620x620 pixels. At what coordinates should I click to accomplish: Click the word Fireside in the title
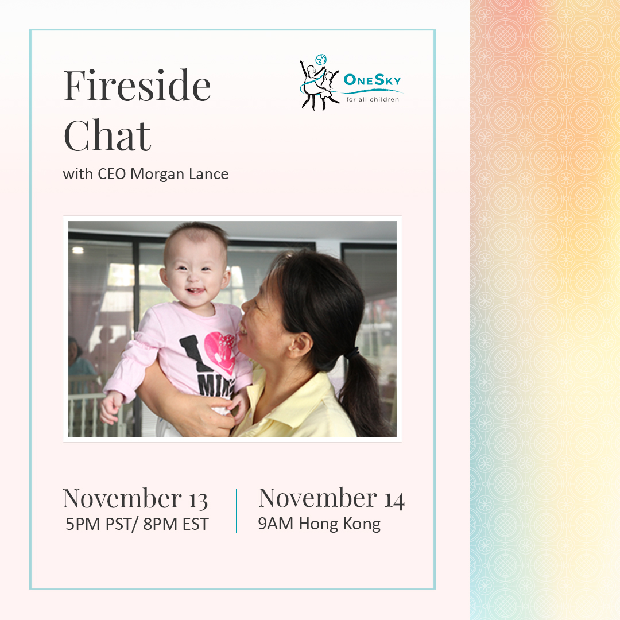coord(137,86)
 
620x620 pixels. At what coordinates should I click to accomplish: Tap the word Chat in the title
coord(107,135)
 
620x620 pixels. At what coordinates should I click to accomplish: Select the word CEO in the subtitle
coord(111,174)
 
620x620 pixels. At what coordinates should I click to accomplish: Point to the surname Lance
coord(208,174)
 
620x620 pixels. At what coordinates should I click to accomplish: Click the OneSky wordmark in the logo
coord(372,80)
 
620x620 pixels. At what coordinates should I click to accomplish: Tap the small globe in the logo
coord(321,60)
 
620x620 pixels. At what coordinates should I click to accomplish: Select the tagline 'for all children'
coord(373,100)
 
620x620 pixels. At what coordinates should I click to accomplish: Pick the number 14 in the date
coord(394,501)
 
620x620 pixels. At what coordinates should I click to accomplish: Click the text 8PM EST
coord(176,524)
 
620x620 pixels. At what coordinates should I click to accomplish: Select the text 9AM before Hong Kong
coord(276,524)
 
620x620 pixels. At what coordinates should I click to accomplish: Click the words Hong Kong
coord(340,525)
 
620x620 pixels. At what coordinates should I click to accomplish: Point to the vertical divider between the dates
coord(236,510)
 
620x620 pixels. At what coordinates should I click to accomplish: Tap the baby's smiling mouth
coord(195,292)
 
